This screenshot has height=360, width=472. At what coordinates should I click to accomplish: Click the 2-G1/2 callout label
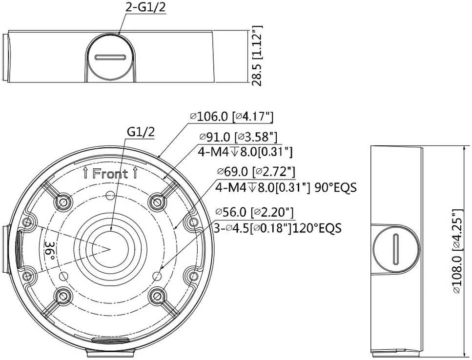click(x=145, y=7)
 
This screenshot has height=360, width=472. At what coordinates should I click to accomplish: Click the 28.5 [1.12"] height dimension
click(x=257, y=56)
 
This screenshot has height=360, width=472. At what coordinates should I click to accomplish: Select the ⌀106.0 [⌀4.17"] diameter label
click(x=231, y=117)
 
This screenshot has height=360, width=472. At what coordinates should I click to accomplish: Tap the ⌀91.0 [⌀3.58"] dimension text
click(x=238, y=137)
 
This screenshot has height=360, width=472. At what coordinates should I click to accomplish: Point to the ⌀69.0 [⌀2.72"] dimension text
click(x=256, y=171)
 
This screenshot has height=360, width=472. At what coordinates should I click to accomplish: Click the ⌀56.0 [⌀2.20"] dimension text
click(x=255, y=212)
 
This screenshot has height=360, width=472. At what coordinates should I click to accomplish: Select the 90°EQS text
click(x=335, y=188)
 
